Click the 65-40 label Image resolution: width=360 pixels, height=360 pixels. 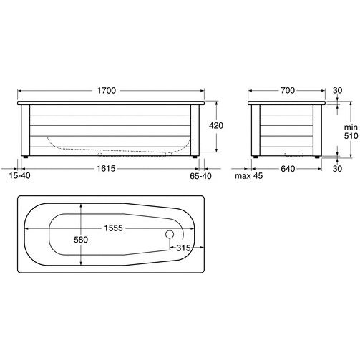coord(201,175)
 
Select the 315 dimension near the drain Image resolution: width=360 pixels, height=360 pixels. coord(185,247)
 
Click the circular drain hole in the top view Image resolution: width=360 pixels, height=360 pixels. coord(170,234)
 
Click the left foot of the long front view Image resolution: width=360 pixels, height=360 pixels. coord(26,156)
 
